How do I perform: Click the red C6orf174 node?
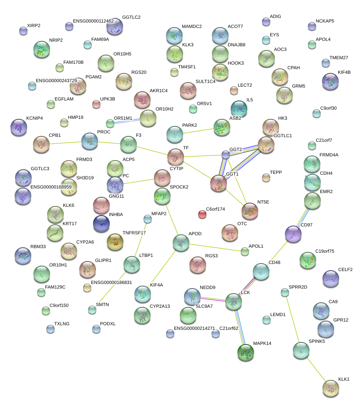[x=202, y=214]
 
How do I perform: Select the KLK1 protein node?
[x=331, y=388]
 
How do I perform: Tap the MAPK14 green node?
[x=246, y=352]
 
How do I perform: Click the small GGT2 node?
[x=226, y=155]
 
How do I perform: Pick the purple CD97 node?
[x=293, y=234]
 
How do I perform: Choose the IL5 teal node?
[x=239, y=108]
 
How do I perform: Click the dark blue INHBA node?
[x=101, y=224]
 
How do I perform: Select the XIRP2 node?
[x=23, y=30]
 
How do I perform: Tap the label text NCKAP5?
[x=325, y=20]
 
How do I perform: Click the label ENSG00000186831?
[x=111, y=283]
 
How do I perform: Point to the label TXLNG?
[x=62, y=324]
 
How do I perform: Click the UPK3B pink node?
[x=96, y=104]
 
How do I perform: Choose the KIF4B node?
[x=330, y=81]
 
